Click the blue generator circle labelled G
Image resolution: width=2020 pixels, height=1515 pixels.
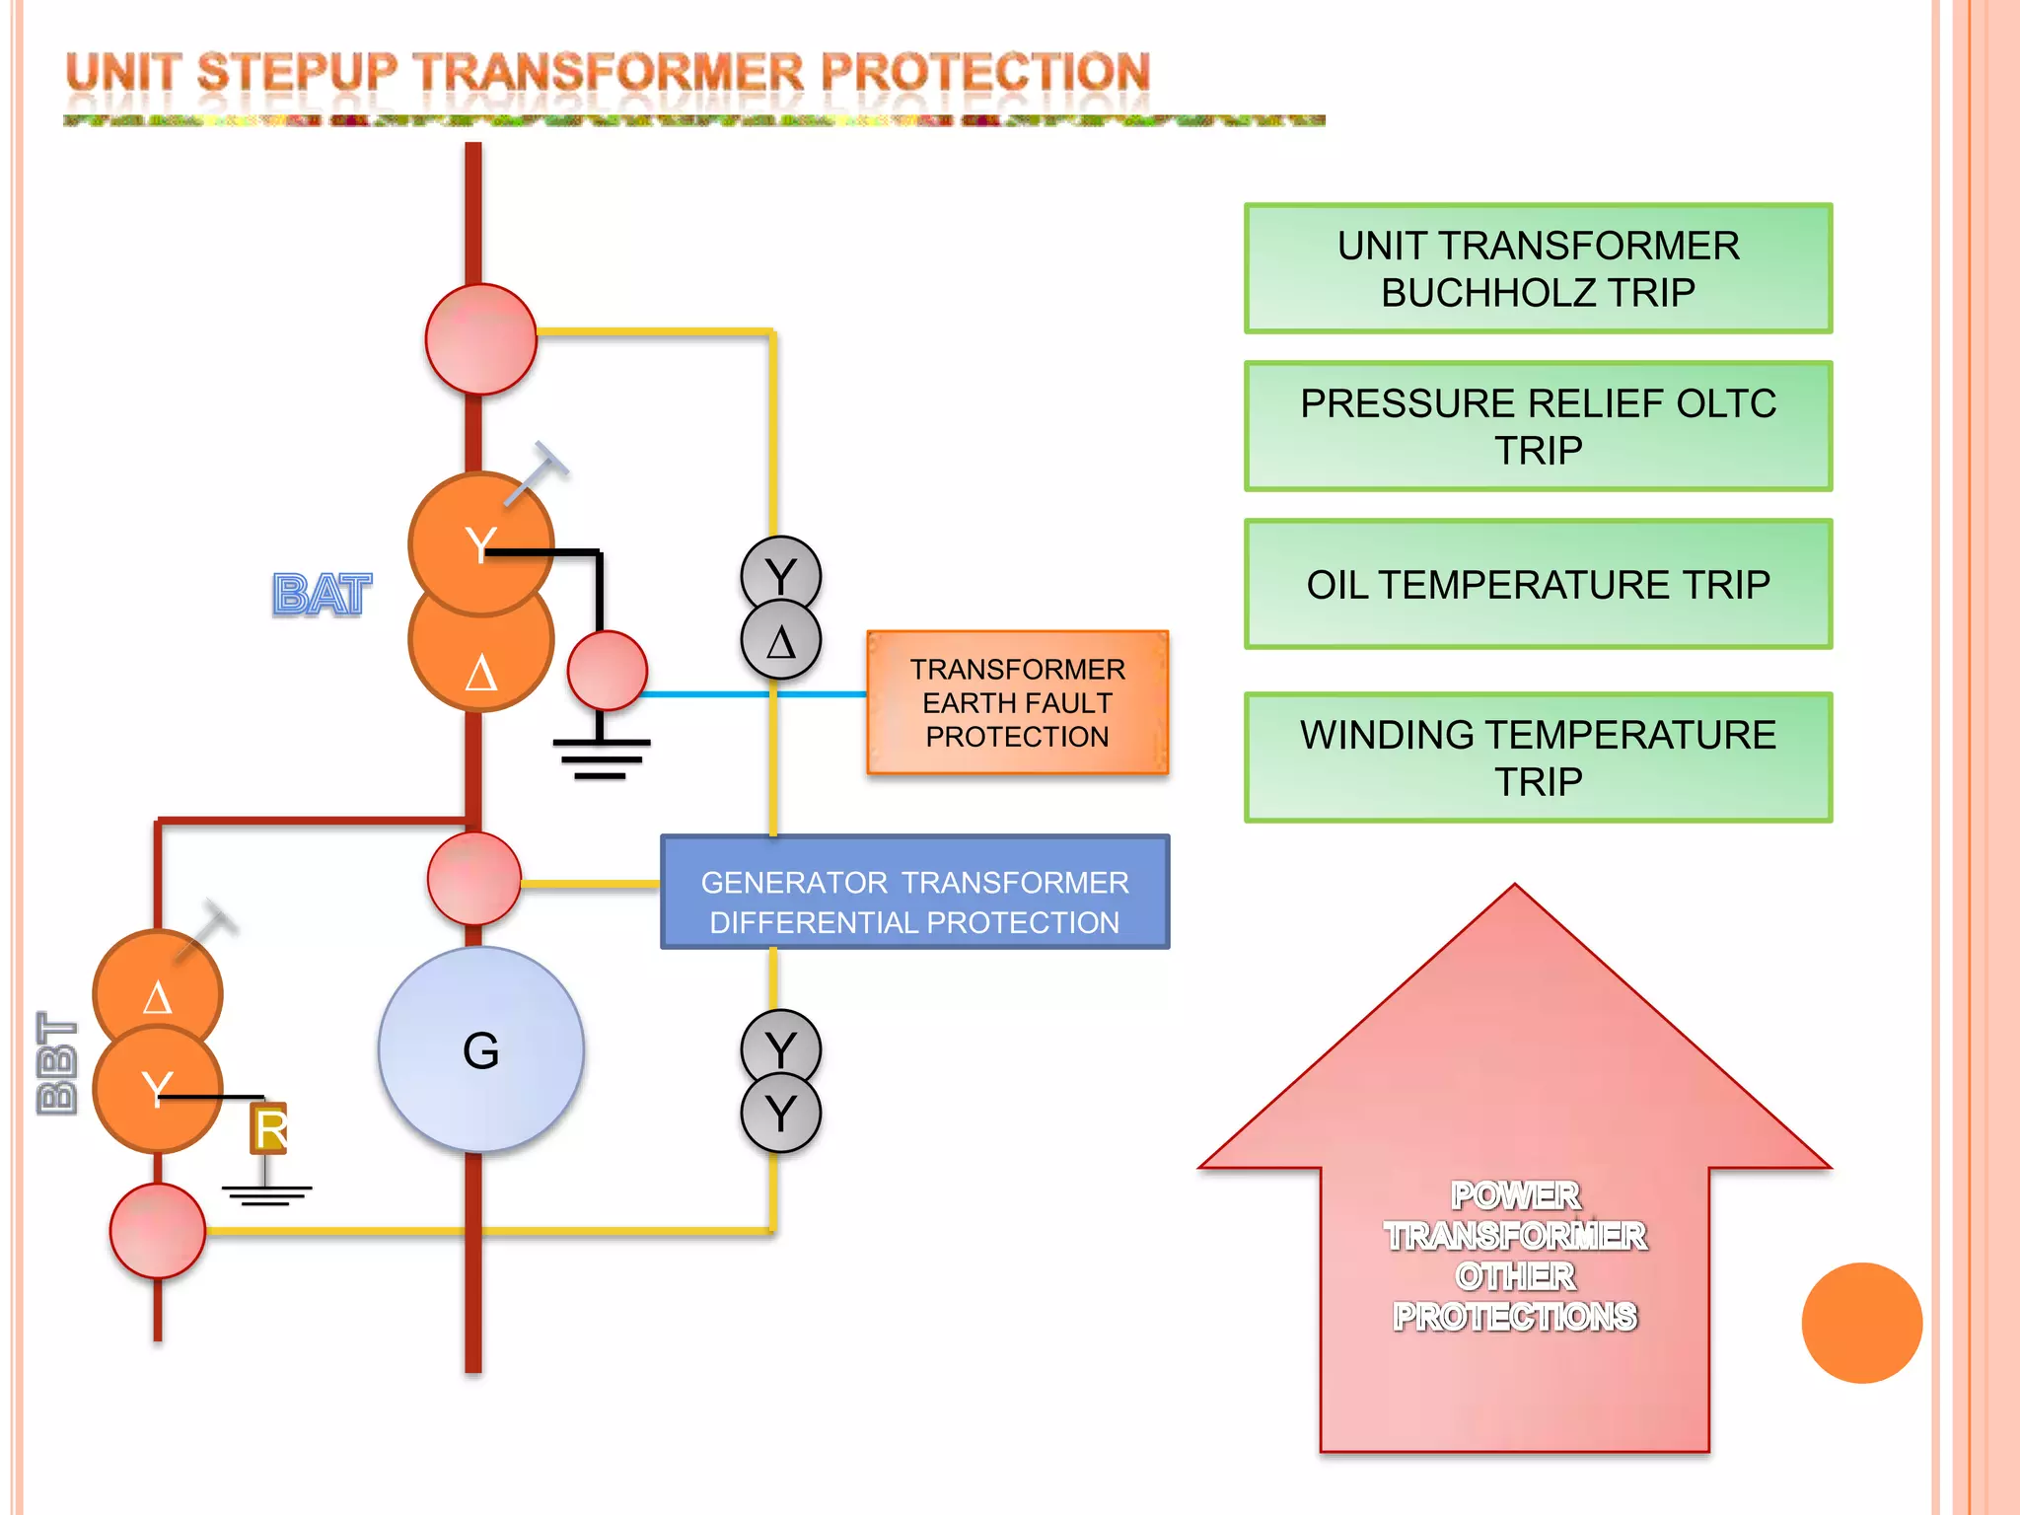point(480,1049)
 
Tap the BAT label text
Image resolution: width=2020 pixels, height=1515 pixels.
point(322,595)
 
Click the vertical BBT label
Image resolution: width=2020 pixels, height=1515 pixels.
point(57,1063)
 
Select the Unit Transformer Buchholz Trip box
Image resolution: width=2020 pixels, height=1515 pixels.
point(1538,268)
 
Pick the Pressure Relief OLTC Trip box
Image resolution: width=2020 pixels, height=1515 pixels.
point(1538,426)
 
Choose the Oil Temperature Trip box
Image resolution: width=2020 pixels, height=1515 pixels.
point(1538,584)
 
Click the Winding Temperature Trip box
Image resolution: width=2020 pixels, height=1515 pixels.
point(1538,757)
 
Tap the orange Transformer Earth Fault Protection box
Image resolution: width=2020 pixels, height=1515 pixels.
point(1017,702)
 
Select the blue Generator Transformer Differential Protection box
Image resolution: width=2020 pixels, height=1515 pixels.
point(914,893)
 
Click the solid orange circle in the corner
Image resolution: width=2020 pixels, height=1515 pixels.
point(1861,1323)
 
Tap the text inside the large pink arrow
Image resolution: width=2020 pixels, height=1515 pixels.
point(1515,1256)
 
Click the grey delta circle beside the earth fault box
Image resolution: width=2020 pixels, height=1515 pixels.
point(780,641)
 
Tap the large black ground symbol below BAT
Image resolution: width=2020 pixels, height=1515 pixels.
point(601,757)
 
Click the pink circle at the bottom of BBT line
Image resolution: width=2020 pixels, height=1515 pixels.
point(158,1231)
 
